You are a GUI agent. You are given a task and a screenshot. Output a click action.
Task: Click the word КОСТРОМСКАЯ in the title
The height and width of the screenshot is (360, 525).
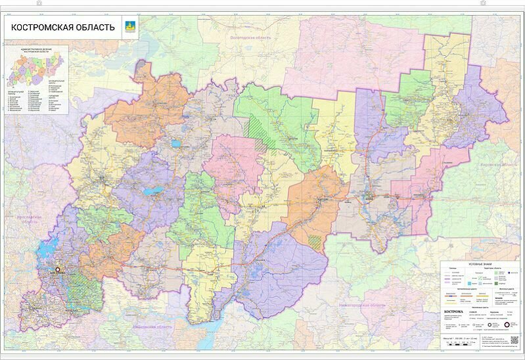(39, 28)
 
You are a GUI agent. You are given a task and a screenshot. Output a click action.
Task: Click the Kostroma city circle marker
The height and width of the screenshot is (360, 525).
(57, 269)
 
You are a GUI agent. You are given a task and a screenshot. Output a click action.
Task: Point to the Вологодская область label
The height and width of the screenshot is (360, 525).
(250, 39)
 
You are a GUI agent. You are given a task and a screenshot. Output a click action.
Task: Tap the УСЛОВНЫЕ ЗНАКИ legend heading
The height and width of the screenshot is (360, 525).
(480, 264)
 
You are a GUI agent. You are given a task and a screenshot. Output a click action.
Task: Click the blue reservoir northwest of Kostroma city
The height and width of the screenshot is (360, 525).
(44, 250)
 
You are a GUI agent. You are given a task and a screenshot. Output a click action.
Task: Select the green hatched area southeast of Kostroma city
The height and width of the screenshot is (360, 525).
(83, 286)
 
